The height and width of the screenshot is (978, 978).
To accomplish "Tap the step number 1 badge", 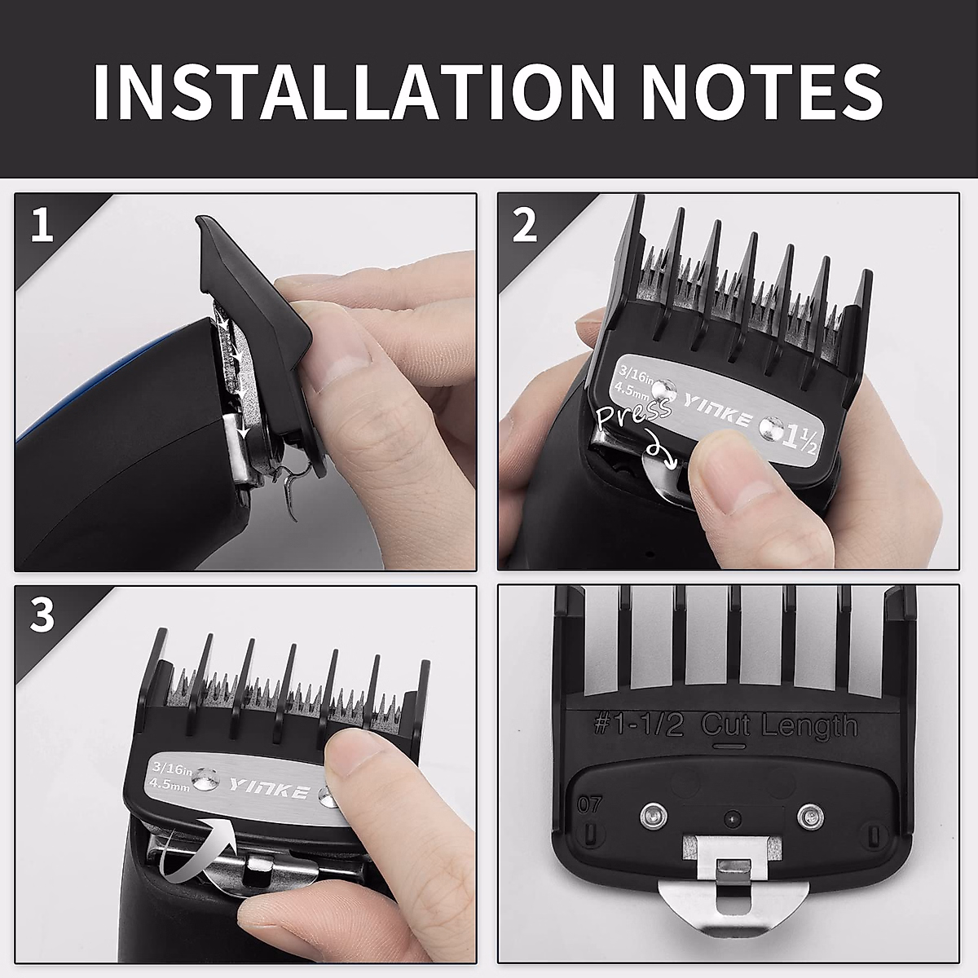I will (42, 224).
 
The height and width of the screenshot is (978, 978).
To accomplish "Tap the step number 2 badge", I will (525, 224).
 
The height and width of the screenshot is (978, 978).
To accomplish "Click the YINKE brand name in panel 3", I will (268, 789).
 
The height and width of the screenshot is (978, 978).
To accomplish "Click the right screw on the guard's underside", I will (809, 813).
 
